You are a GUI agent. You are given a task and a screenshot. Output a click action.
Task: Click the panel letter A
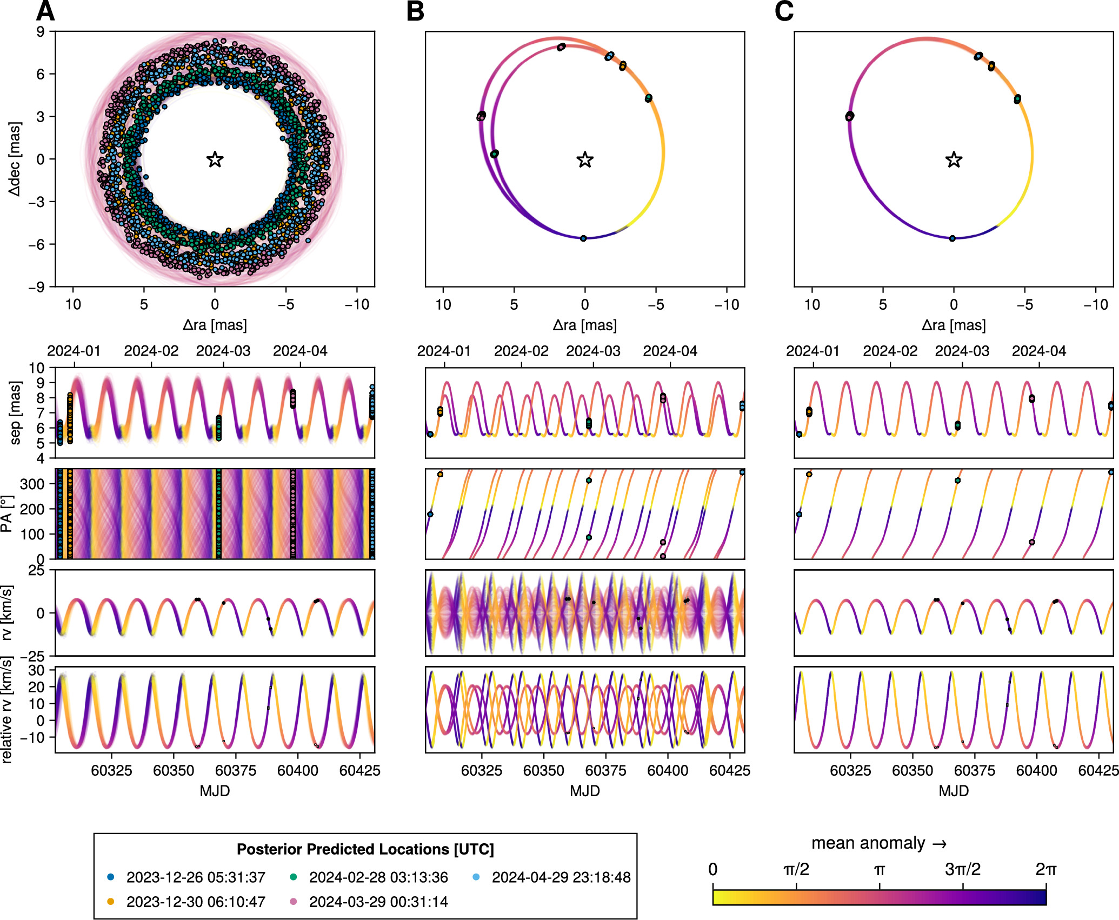coord(45,11)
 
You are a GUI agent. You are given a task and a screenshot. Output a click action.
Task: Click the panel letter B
coord(415,11)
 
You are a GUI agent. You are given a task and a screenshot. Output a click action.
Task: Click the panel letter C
coord(784,11)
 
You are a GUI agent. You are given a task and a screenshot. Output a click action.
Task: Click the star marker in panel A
coord(215,159)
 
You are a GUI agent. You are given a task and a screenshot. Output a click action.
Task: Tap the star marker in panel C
coord(954,160)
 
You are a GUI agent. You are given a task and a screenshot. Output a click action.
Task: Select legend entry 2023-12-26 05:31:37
coord(196,877)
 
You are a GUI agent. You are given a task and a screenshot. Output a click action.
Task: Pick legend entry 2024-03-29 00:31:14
coord(378,902)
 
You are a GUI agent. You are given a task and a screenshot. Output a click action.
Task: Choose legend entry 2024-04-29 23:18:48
coord(561,877)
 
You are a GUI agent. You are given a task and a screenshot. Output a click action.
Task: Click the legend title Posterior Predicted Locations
coord(365,849)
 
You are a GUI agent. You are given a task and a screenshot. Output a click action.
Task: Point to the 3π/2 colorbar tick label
coord(963,870)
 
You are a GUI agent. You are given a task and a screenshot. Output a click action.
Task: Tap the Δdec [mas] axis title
coord(15,159)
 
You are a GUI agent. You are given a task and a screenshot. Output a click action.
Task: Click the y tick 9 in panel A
coord(41,31)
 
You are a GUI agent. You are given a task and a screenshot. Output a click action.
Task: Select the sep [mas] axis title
coord(15,413)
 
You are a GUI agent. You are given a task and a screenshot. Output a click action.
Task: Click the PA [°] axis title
coord(6,514)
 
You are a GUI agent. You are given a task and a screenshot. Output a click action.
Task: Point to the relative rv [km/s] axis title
coord(6,710)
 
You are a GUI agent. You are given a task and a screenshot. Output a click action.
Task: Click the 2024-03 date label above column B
coord(593,351)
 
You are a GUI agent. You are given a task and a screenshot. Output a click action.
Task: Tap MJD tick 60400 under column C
coord(1036,771)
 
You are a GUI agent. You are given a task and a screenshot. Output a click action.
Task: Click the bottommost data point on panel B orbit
coord(583,238)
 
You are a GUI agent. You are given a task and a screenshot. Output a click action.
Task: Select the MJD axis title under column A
coord(215,791)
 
